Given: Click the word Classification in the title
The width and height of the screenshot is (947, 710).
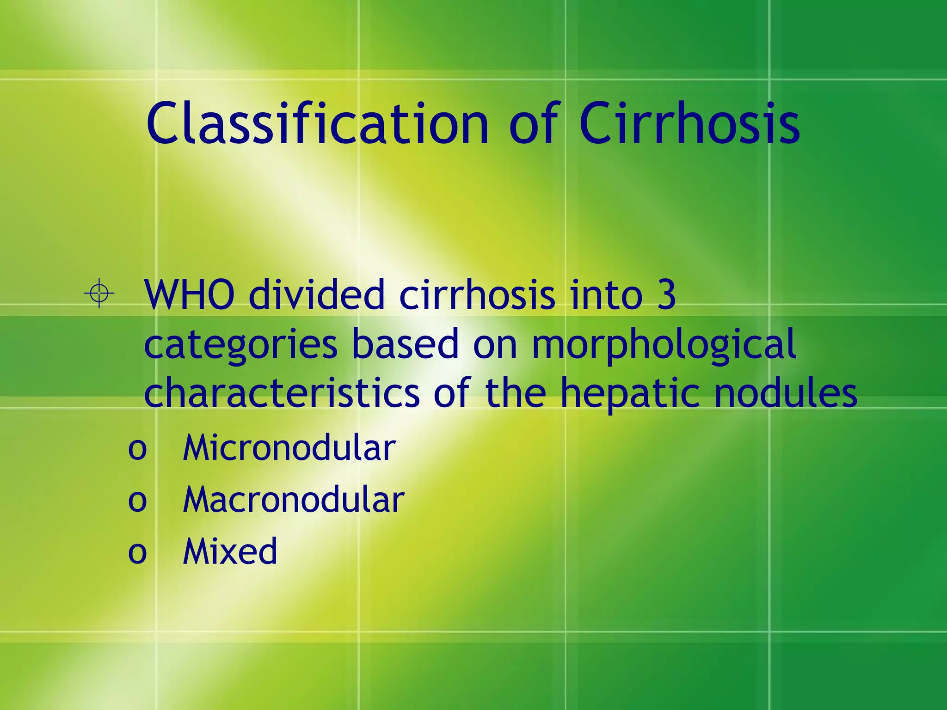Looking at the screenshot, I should [x=317, y=124].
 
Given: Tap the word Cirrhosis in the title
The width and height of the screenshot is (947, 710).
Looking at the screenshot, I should [x=689, y=124].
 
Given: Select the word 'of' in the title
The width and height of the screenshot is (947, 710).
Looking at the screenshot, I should [x=535, y=124].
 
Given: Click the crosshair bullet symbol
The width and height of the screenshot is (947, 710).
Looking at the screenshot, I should [x=99, y=293].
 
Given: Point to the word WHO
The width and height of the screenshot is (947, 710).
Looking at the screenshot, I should [x=189, y=295].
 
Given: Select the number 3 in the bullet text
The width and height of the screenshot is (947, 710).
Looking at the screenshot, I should [x=666, y=295].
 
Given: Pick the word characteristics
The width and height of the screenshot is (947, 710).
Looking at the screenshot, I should [x=282, y=393].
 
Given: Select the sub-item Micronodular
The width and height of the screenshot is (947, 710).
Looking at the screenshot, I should [x=289, y=448].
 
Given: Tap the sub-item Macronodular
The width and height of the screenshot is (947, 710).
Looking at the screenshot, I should [x=294, y=500].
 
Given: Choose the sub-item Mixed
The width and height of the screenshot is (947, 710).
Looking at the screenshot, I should [x=230, y=551].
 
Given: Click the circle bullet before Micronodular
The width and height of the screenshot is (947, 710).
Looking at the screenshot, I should [x=137, y=449].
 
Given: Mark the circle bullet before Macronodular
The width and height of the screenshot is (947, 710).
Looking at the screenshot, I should [x=137, y=501].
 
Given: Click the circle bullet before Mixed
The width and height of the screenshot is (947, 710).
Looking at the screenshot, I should [x=137, y=552].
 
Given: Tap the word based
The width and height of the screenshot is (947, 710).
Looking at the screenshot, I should [x=405, y=344].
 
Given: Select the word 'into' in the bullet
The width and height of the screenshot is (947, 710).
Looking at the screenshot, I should [x=606, y=295].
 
